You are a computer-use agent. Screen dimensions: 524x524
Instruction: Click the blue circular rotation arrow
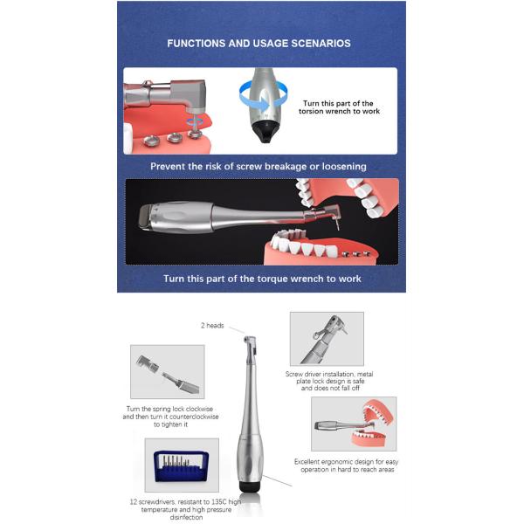253,90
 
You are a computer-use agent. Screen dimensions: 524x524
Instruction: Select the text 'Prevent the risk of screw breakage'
227,166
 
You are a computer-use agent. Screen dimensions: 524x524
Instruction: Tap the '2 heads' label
211,326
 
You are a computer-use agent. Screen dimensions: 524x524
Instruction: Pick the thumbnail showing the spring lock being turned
167,371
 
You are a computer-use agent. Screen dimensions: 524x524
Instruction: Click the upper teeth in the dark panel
332,196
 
